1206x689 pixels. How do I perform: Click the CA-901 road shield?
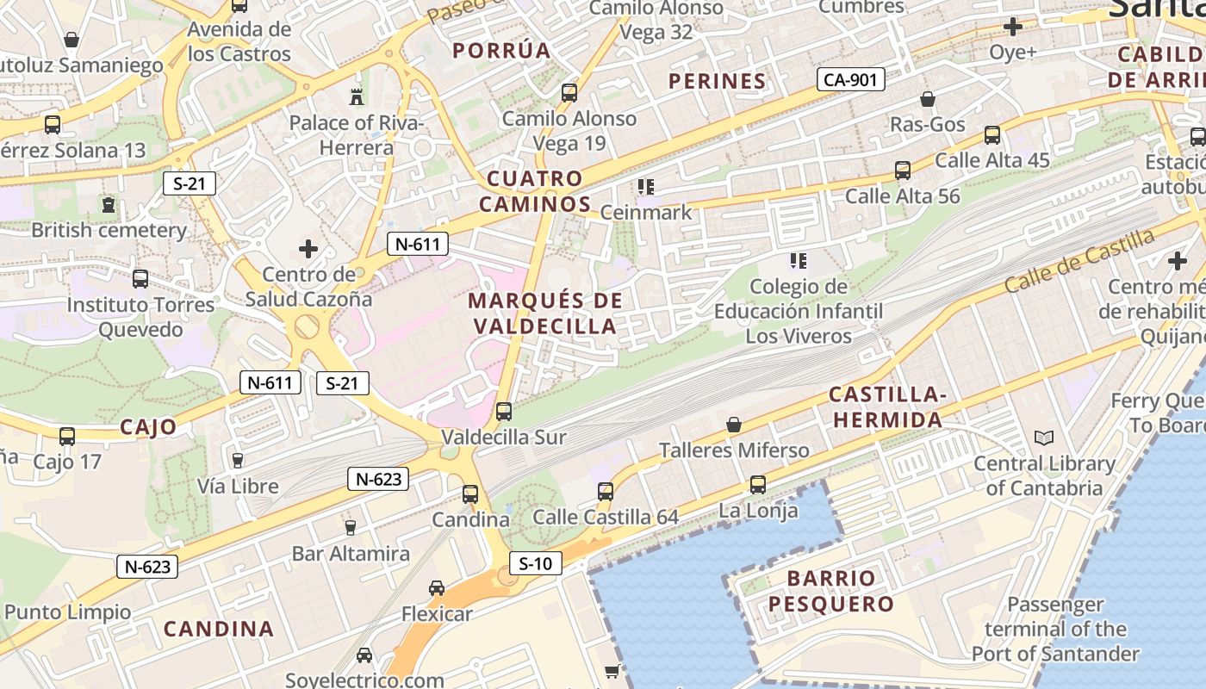850,80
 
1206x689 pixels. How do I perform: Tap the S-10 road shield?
535,564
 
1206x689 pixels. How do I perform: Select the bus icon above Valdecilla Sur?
504,412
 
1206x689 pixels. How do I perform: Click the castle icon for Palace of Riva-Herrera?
357,96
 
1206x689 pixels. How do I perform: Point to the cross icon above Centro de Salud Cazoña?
308,250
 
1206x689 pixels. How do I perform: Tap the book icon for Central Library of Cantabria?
1044,438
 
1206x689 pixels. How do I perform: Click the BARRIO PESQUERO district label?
831,590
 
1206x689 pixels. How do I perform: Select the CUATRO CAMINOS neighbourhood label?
535,191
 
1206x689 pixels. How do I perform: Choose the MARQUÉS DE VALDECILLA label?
546,313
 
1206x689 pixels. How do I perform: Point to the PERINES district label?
718,81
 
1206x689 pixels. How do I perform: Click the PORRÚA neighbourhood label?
501,50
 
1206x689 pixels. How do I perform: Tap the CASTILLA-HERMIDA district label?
886,407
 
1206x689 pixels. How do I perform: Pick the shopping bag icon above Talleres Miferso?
734,425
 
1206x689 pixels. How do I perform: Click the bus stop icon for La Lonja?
757,485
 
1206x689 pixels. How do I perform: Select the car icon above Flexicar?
437,588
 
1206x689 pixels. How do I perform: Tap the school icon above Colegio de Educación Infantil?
798,260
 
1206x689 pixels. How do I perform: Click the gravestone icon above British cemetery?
109,205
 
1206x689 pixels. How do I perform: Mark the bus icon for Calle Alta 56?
903,171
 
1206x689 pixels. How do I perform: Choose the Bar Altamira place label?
351,553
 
